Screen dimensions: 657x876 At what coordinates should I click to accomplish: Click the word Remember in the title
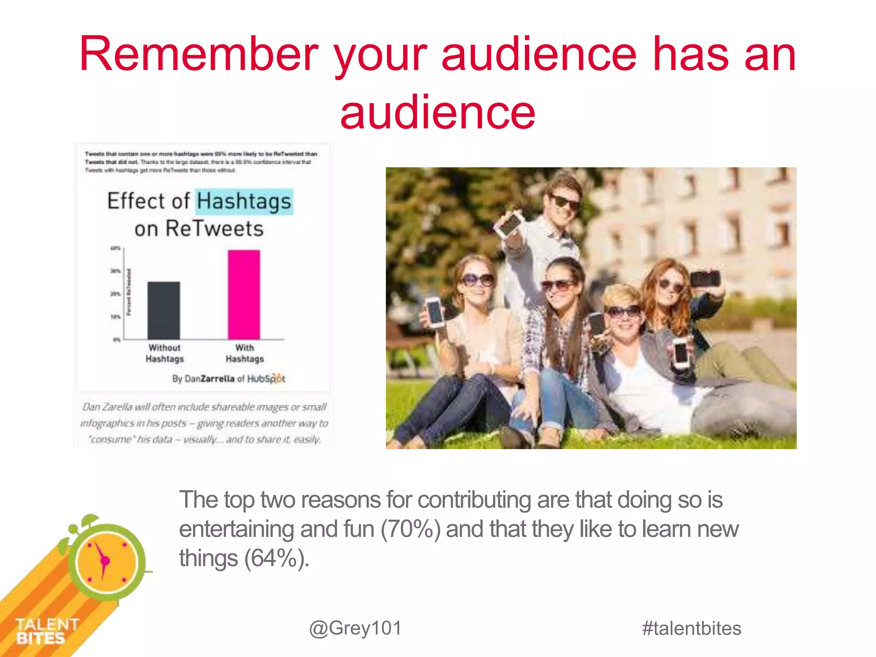click(199, 55)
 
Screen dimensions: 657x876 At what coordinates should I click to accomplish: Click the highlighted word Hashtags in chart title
click(244, 201)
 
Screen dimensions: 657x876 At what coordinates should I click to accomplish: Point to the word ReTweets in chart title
click(214, 228)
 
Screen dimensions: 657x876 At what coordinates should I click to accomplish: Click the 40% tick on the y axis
click(115, 248)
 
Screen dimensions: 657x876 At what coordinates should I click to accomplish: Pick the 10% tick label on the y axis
click(115, 317)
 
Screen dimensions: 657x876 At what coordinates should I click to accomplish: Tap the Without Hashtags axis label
click(165, 353)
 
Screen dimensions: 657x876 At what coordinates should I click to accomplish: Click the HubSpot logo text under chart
click(266, 379)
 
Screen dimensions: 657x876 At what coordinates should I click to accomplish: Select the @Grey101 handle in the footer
click(355, 628)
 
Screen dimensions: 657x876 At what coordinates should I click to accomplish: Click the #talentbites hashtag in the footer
click(692, 628)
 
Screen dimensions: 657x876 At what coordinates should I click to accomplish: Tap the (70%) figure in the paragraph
click(410, 529)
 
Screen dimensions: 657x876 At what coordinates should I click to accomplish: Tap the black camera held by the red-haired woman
click(705, 278)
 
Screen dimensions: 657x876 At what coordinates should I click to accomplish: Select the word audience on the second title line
click(438, 112)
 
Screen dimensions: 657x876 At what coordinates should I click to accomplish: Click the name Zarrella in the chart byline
click(218, 379)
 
